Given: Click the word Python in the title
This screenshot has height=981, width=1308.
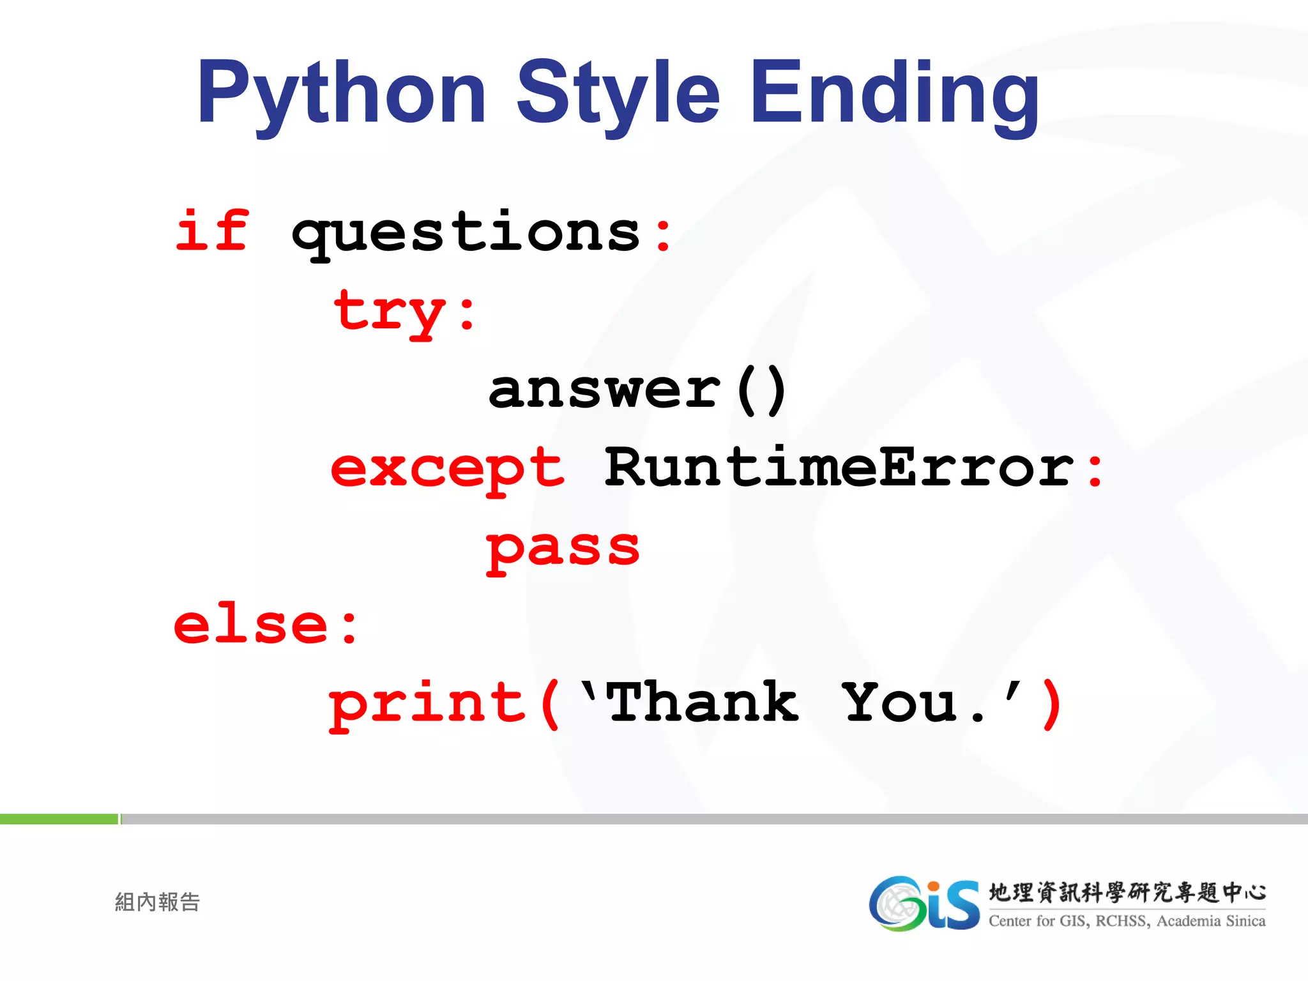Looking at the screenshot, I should (342, 93).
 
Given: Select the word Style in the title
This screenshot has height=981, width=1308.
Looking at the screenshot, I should (618, 93).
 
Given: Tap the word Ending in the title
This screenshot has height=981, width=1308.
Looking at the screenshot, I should (894, 93).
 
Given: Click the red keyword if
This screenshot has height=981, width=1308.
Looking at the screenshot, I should (212, 231).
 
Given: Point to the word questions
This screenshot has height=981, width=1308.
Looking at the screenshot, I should (466, 233).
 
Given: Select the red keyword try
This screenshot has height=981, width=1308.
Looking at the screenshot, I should (390, 312).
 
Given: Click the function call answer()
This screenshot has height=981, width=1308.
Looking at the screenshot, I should (637, 390).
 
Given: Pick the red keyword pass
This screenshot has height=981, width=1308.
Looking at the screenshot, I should (562, 549).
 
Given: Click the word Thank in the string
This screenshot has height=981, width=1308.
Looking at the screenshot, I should (703, 703).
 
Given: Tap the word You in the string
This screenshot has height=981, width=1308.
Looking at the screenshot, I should (901, 703).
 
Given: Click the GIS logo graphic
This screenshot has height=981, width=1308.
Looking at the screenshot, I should (924, 903).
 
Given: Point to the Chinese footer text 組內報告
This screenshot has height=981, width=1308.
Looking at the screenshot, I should (157, 902).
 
